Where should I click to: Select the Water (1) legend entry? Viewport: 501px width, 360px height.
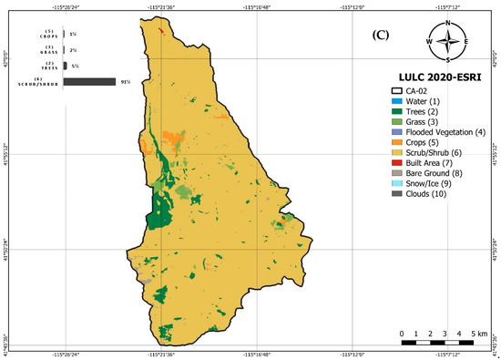(x=424, y=100)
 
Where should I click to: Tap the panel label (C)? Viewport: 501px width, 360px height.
(x=381, y=37)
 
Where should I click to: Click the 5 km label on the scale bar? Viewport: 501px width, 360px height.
(x=482, y=334)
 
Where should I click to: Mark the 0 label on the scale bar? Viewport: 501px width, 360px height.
(x=402, y=334)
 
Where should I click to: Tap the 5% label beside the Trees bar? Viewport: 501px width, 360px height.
(x=74, y=67)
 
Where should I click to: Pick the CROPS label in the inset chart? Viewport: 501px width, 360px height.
(x=33, y=37)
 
